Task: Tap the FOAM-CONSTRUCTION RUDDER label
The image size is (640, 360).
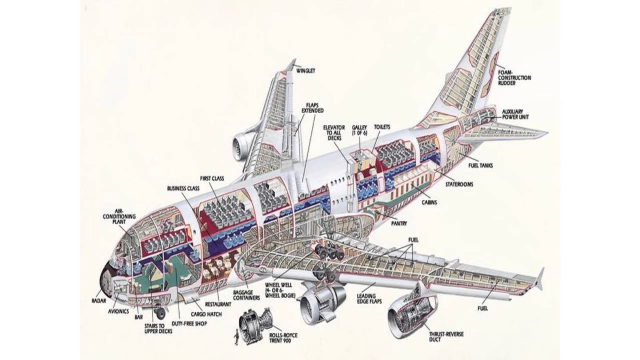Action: tap(514, 78)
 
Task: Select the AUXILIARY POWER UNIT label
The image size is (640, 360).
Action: tap(516, 115)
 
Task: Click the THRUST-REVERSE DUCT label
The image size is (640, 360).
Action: tap(446, 337)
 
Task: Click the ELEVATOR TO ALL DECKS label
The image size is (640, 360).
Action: tap(335, 133)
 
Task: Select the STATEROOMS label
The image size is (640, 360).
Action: tap(459, 184)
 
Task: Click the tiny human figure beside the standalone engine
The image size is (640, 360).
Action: tap(234, 335)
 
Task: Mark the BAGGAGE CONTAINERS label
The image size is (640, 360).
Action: tap(246, 295)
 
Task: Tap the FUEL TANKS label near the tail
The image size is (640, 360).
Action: tap(481, 165)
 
